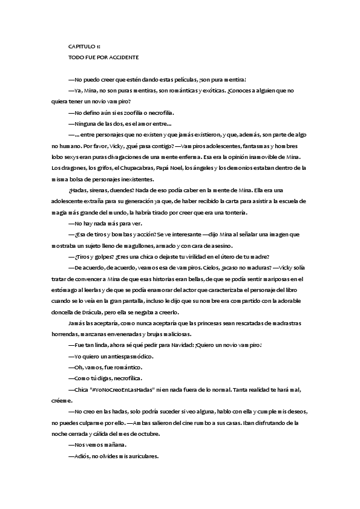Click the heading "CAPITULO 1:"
(84, 46)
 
